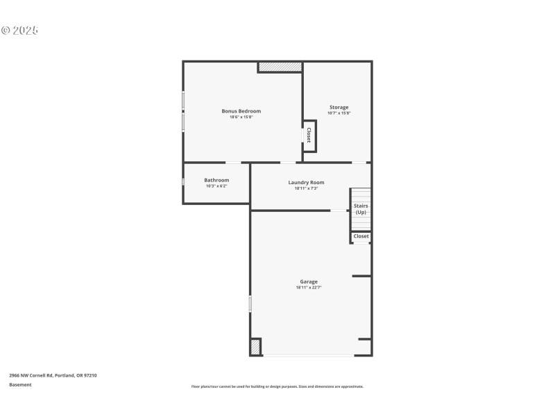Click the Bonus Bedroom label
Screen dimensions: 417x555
pyautogui.click(x=241, y=111)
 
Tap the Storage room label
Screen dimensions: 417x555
pyautogui.click(x=339, y=107)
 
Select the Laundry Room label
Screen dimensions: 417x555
pyautogui.click(x=306, y=182)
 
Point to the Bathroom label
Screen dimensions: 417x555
pyautogui.click(x=216, y=180)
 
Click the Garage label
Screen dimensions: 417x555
pyautogui.click(x=309, y=281)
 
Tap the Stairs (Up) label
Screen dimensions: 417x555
pyautogui.click(x=361, y=208)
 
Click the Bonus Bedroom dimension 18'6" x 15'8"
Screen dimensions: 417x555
pyautogui.click(x=241, y=117)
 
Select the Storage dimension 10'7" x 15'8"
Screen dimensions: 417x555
pyautogui.click(x=339, y=113)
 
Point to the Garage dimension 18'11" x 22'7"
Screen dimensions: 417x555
pyautogui.click(x=309, y=288)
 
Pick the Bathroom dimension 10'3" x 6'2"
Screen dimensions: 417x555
pyautogui.click(x=216, y=186)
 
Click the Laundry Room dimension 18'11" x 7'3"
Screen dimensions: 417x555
pyautogui.click(x=306, y=188)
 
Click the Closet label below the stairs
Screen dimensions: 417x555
pyautogui.click(x=361, y=236)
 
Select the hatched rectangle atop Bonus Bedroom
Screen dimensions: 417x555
pyautogui.click(x=280, y=67)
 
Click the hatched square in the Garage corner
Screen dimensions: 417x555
pyautogui.click(x=256, y=347)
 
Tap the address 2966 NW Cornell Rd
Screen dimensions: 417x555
pyautogui.click(x=53, y=375)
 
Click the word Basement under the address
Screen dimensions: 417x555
pyautogui.click(x=20, y=384)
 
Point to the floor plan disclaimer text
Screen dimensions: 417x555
pyautogui.click(x=277, y=386)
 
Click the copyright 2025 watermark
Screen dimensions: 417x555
pyautogui.click(x=19, y=31)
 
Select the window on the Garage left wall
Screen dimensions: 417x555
pyautogui.click(x=250, y=304)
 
